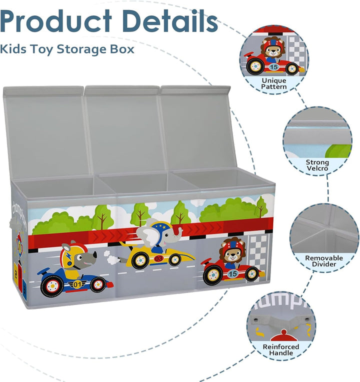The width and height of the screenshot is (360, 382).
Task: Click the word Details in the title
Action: (x=170, y=21)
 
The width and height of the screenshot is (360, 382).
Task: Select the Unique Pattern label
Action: (x=274, y=83)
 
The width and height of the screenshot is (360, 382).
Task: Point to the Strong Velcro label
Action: (x=317, y=165)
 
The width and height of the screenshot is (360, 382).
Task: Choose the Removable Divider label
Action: (x=324, y=261)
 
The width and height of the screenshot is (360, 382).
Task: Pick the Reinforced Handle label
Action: (x=281, y=350)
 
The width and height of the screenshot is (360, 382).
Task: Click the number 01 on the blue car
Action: (x=77, y=284)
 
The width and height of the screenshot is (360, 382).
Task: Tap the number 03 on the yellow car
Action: (x=158, y=258)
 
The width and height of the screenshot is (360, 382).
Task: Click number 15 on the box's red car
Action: (x=232, y=274)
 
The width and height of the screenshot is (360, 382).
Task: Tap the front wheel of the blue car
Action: (x=98, y=284)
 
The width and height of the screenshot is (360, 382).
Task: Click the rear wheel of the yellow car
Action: (x=140, y=260)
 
